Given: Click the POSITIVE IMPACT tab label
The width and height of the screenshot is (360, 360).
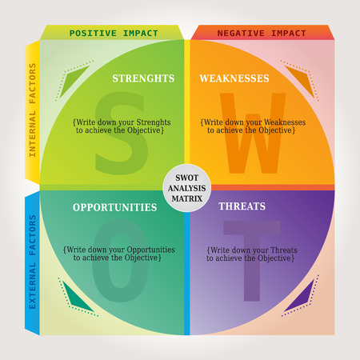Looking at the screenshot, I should pyautogui.click(x=113, y=33).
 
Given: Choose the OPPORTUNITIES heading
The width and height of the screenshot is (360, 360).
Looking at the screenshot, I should pyautogui.click(x=114, y=207).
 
